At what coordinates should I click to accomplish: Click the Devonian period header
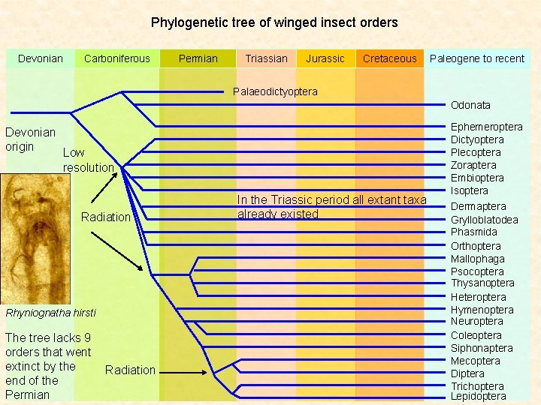(41, 58)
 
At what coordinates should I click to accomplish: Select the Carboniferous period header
(117, 58)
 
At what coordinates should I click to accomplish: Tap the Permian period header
(198, 58)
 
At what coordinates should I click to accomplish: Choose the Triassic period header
(266, 58)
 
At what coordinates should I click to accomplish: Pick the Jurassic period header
(325, 58)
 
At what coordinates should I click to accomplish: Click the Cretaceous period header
(389, 58)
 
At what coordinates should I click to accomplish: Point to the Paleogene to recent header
(477, 58)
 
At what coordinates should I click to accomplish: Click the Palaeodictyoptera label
(275, 91)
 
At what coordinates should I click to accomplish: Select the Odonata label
(470, 105)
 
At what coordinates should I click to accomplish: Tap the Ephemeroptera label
(486, 127)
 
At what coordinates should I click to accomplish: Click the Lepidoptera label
(478, 397)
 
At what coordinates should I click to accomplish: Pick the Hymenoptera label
(482, 310)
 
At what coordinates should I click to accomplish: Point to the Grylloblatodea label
(484, 220)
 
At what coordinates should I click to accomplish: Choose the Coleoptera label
(476, 335)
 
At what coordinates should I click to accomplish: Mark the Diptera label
(467, 373)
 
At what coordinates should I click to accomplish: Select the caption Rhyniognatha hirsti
(50, 312)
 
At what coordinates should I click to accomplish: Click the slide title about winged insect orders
(274, 22)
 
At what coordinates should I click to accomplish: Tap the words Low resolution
(88, 160)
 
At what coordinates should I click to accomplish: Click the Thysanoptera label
(482, 283)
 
